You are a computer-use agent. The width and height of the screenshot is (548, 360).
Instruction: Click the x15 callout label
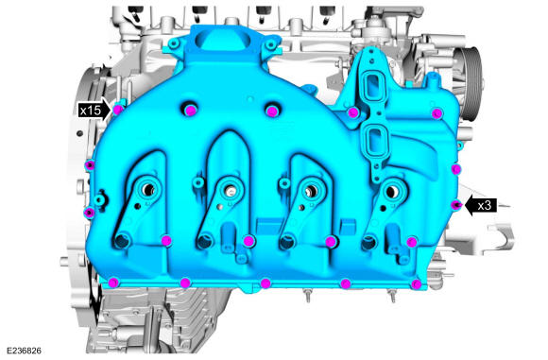[x=90, y=111]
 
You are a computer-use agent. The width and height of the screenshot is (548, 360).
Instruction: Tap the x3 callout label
[x=485, y=206]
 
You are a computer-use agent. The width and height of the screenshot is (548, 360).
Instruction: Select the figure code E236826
[x=24, y=351]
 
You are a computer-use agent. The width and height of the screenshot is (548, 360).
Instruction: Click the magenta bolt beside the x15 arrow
[x=118, y=110]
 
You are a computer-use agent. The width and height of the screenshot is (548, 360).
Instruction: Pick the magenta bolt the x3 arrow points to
[x=455, y=205]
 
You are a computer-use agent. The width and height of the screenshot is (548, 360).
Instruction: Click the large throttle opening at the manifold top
[x=224, y=41]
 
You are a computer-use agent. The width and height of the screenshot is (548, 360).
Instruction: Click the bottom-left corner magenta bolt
[x=113, y=283]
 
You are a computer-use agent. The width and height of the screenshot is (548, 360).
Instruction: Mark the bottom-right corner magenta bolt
[x=416, y=283]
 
